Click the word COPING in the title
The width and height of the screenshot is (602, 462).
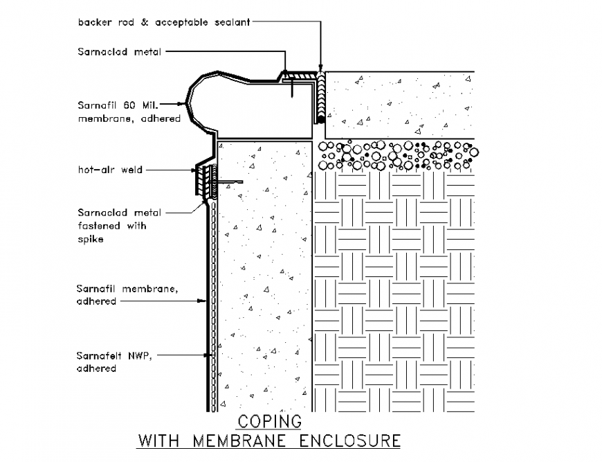pos(270,421)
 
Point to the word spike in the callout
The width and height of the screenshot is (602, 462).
pos(91,239)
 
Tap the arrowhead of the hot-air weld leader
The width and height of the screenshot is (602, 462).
pos(194,169)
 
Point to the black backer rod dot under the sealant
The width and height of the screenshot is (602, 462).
pos(321,120)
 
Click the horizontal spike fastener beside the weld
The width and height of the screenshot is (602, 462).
pos(232,182)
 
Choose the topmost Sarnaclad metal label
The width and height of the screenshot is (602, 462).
pos(119,52)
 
